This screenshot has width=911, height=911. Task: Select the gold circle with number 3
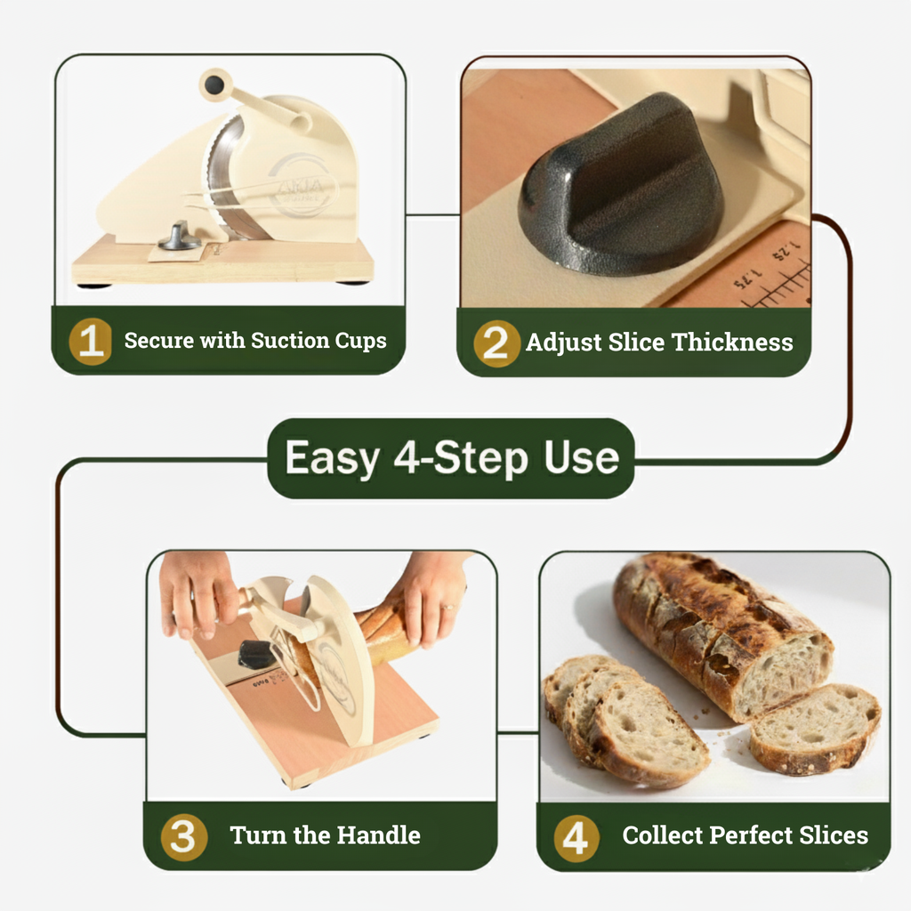[x=184, y=836]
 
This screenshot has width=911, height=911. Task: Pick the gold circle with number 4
[x=576, y=837]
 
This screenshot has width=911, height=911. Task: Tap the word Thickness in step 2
[x=733, y=343]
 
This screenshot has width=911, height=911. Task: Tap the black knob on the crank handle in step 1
[x=214, y=85]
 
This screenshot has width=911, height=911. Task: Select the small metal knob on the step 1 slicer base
[x=178, y=238]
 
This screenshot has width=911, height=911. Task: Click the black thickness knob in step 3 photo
[x=255, y=655]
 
